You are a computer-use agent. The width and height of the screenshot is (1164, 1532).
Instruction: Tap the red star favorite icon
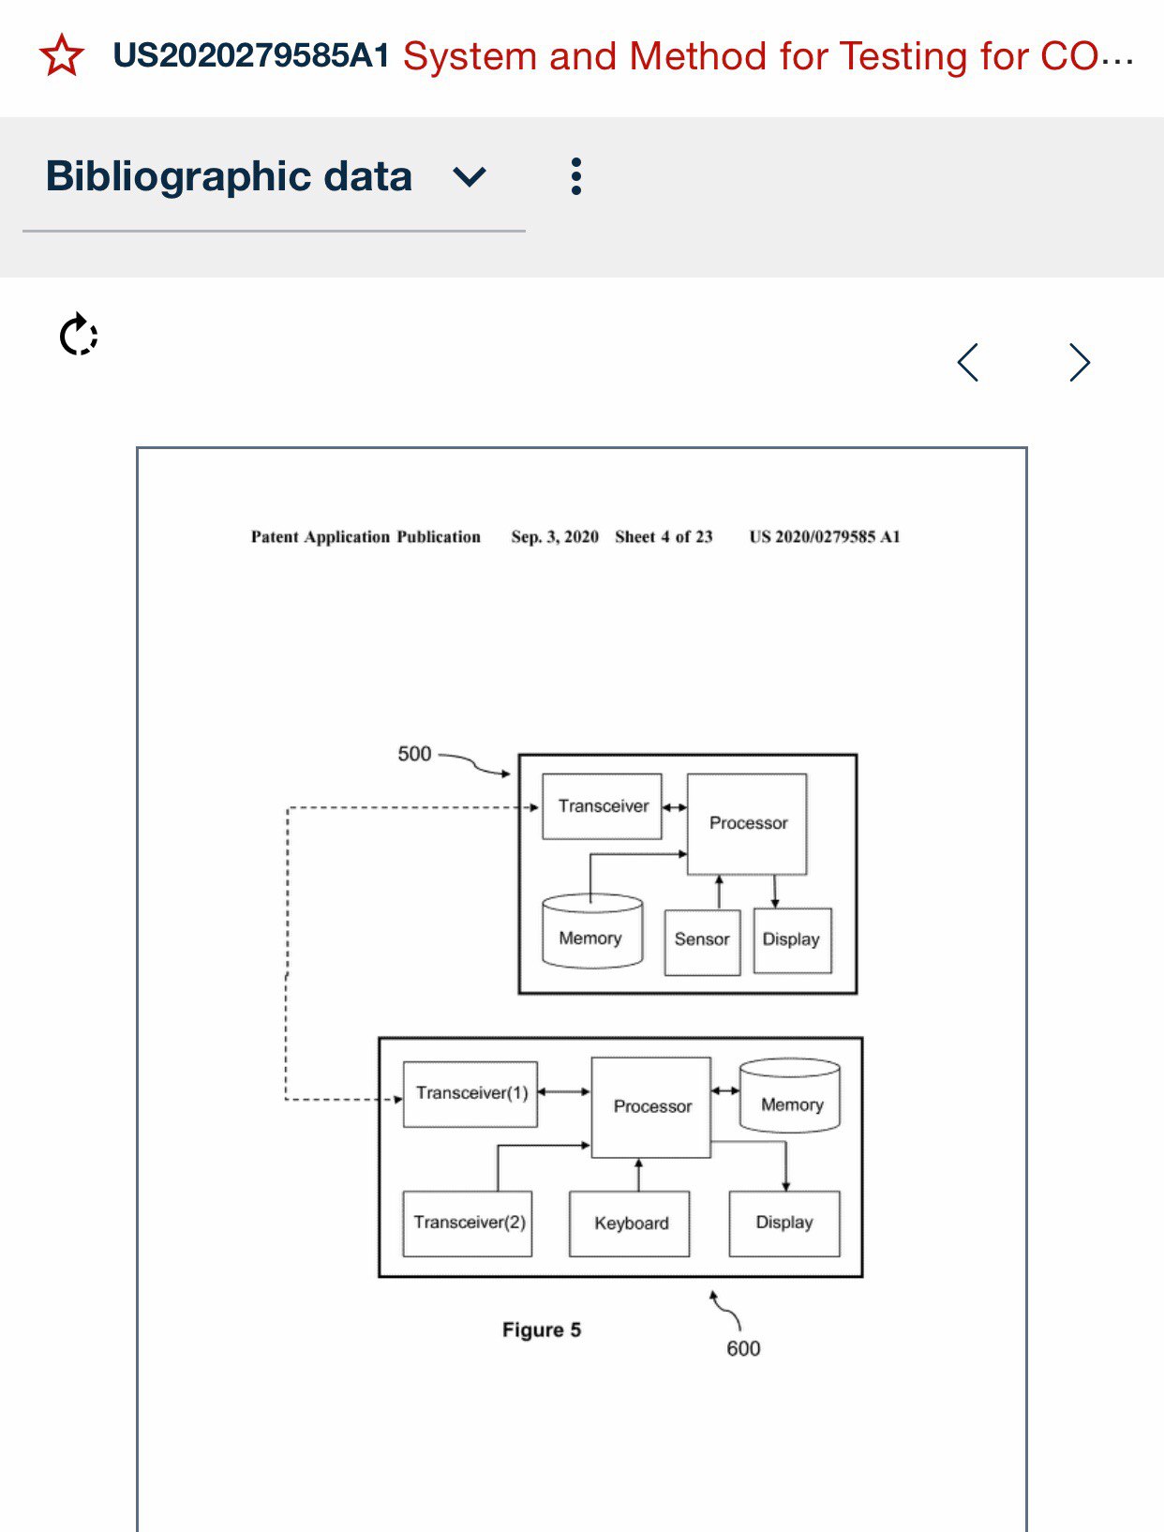coord(62,55)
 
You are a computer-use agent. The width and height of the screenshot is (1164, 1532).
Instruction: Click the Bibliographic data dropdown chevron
coord(469,176)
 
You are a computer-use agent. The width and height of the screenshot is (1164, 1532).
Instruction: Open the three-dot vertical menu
coord(575,176)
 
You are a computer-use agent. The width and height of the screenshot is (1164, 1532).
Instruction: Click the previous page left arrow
coord(968,362)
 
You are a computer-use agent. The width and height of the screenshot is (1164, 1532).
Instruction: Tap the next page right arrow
coord(1080,362)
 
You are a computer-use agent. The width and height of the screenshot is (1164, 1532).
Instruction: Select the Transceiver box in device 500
coord(603,806)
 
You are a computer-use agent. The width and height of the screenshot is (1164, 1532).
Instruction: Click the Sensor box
coord(702,940)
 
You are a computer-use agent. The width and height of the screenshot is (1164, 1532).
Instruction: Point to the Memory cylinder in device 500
coord(591,934)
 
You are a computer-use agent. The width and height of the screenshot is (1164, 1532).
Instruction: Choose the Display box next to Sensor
coord(792,940)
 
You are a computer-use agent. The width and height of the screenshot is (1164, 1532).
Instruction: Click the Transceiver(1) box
coord(470,1093)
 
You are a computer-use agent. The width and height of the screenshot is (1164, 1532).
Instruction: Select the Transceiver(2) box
coord(469,1223)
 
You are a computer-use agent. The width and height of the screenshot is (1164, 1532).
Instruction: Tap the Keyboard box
coord(631,1224)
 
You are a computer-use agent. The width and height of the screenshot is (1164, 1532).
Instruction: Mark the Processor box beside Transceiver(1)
coord(651,1106)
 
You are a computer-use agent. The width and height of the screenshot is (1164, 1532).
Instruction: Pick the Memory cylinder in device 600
coord(791,1098)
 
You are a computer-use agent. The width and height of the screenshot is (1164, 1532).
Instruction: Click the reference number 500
coord(414,754)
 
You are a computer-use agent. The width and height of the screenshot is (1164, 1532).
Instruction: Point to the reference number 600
coord(743,1348)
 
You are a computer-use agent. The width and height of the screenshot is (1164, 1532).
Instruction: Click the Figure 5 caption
coord(542,1329)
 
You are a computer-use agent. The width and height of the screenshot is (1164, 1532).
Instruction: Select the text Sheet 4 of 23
coord(664,536)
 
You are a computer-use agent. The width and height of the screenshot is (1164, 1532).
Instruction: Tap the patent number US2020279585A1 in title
coord(251,56)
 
